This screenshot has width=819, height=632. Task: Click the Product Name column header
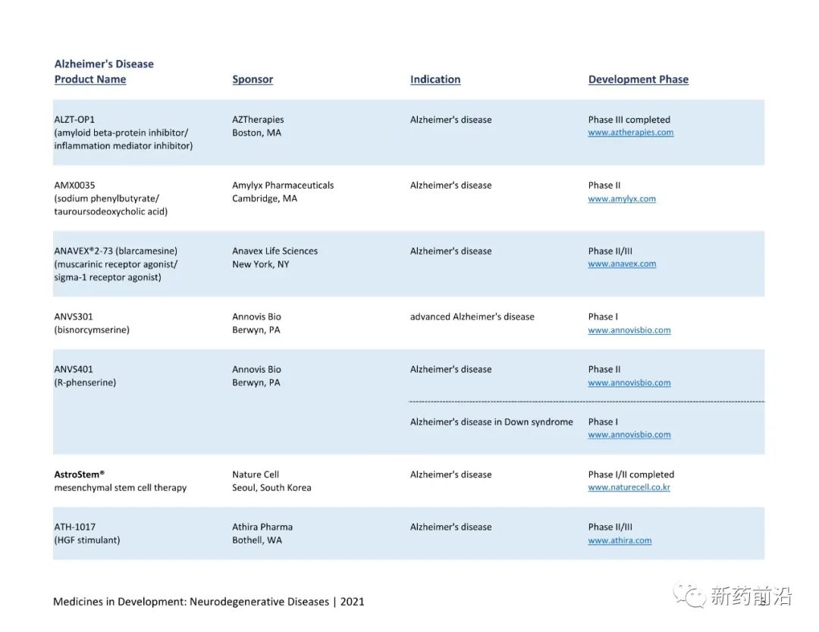pyautogui.click(x=90, y=80)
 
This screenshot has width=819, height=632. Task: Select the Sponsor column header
pyautogui.click(x=253, y=80)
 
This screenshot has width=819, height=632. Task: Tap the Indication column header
pyautogui.click(x=435, y=80)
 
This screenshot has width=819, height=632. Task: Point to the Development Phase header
pyautogui.click(x=639, y=80)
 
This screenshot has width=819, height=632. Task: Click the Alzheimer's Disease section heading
pyautogui.click(x=104, y=64)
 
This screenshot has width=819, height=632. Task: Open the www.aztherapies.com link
pyautogui.click(x=631, y=133)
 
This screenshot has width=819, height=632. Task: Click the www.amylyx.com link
pyautogui.click(x=622, y=199)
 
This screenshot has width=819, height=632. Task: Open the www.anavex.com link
pyautogui.click(x=622, y=264)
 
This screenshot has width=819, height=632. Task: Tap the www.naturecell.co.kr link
pyautogui.click(x=629, y=488)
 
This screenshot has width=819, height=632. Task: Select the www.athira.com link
pyautogui.click(x=620, y=540)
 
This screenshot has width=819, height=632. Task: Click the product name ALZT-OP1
pyautogui.click(x=74, y=120)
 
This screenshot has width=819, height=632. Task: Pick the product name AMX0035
pyautogui.click(x=74, y=186)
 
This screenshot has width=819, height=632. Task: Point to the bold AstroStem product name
pyautogui.click(x=79, y=474)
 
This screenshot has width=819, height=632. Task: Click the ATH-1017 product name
pyautogui.click(x=74, y=527)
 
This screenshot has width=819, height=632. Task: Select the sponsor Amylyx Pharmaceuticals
pyautogui.click(x=283, y=186)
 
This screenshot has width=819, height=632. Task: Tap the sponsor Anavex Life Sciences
pyautogui.click(x=275, y=251)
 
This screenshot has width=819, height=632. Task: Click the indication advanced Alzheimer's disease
pyautogui.click(x=472, y=317)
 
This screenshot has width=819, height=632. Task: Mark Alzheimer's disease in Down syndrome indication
pyautogui.click(x=491, y=422)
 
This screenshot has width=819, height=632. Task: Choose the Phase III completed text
pyautogui.click(x=629, y=120)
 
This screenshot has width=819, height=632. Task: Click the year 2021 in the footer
pyautogui.click(x=352, y=602)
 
